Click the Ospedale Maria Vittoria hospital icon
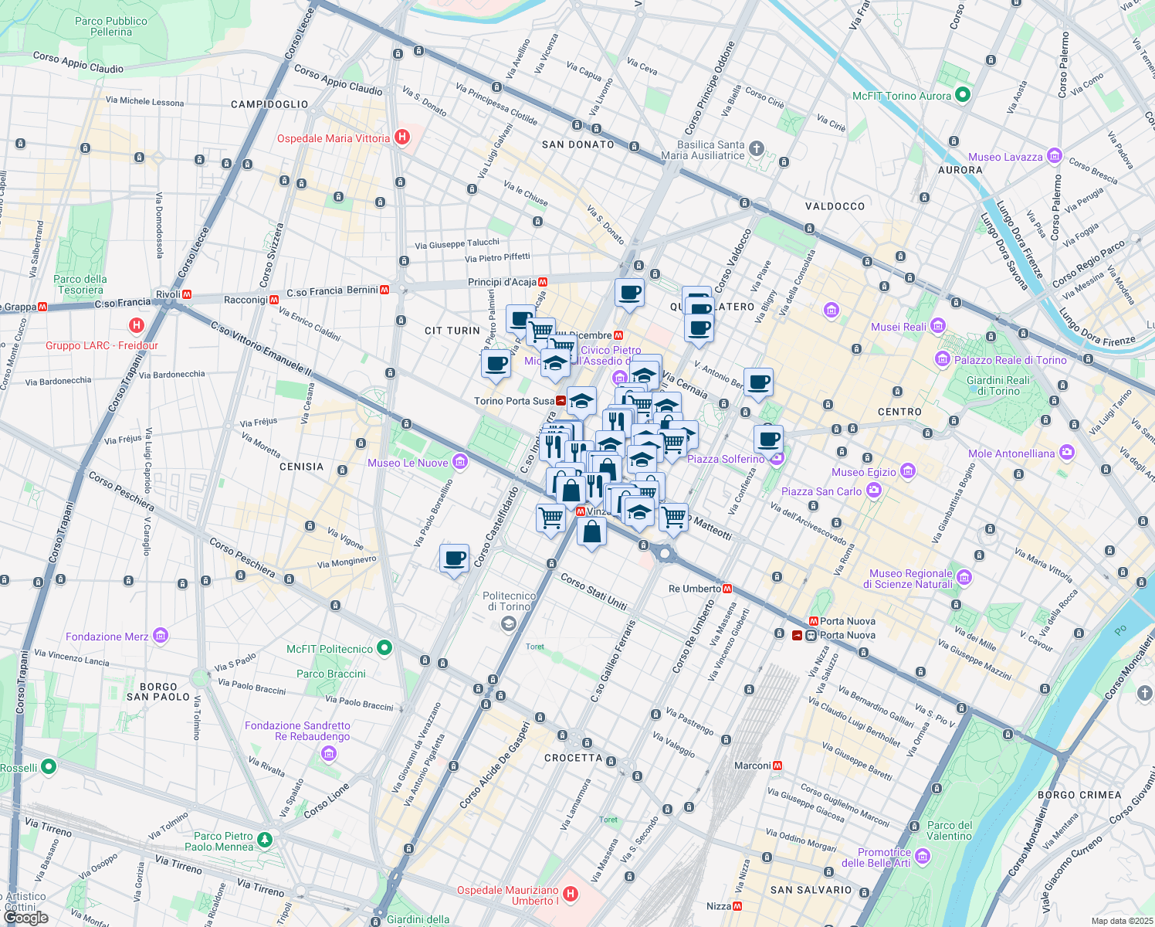point(401,138)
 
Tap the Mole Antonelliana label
point(1011,453)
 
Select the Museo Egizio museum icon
point(908,471)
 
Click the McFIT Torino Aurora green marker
point(962,95)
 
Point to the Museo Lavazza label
point(1005,157)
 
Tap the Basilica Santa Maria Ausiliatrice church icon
point(757,148)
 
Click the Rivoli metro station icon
point(187,294)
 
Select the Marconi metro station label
point(753,766)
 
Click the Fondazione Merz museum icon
point(161,636)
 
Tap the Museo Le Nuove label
point(408,463)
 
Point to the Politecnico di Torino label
point(509,601)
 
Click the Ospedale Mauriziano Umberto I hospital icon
point(570,895)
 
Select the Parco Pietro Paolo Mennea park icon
point(265,838)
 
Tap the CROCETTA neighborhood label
point(573,758)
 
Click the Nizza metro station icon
point(737,906)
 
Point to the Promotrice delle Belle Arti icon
point(923,857)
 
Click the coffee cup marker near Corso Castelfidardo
point(454,558)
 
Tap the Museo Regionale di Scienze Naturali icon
point(964,577)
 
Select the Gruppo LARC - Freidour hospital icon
point(137,325)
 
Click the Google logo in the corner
point(25,918)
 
